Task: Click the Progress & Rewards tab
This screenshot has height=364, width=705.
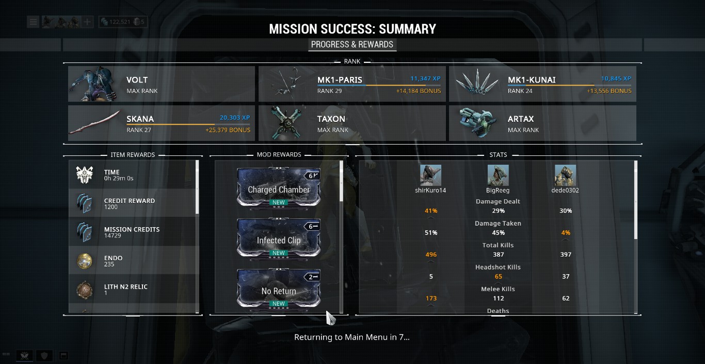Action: [352, 44]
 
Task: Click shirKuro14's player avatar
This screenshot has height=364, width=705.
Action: [430, 176]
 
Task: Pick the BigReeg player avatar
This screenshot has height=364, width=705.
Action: [498, 176]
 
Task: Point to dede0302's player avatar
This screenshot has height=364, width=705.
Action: [565, 176]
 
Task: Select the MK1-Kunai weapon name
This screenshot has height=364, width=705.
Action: [532, 80]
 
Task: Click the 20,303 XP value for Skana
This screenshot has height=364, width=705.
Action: [235, 118]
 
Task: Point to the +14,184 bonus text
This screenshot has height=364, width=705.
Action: [419, 91]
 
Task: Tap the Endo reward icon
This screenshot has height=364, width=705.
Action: [84, 261]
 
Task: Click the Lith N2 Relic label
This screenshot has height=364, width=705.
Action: [126, 287]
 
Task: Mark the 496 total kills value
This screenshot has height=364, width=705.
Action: [431, 255]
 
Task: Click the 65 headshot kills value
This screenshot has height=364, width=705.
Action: [498, 276]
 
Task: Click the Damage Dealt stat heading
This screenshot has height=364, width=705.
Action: [498, 201]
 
